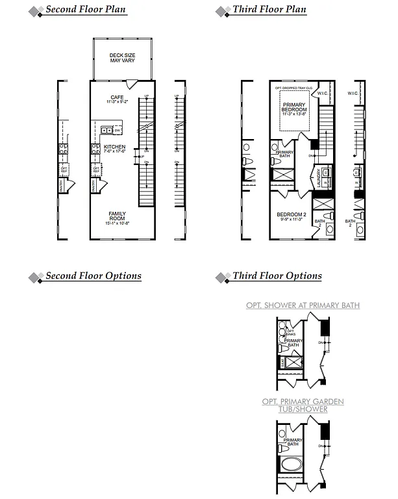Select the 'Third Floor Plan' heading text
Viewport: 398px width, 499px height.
coord(269,10)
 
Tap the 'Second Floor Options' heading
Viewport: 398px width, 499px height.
coord(93,276)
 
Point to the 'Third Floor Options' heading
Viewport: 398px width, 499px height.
coord(277,276)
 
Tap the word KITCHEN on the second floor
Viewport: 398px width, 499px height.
coord(115,147)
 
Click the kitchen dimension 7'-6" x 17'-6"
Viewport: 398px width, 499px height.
coord(115,153)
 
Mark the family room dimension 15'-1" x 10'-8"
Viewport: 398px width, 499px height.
coord(117,224)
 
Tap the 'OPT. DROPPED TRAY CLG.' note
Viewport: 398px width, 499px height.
coord(293,87)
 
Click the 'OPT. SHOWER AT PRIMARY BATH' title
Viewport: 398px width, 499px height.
coord(303,305)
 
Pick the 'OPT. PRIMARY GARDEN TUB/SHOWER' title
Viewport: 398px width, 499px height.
coord(303,405)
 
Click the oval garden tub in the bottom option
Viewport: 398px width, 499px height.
coord(291,466)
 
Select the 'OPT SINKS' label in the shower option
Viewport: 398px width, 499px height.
coord(290,333)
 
